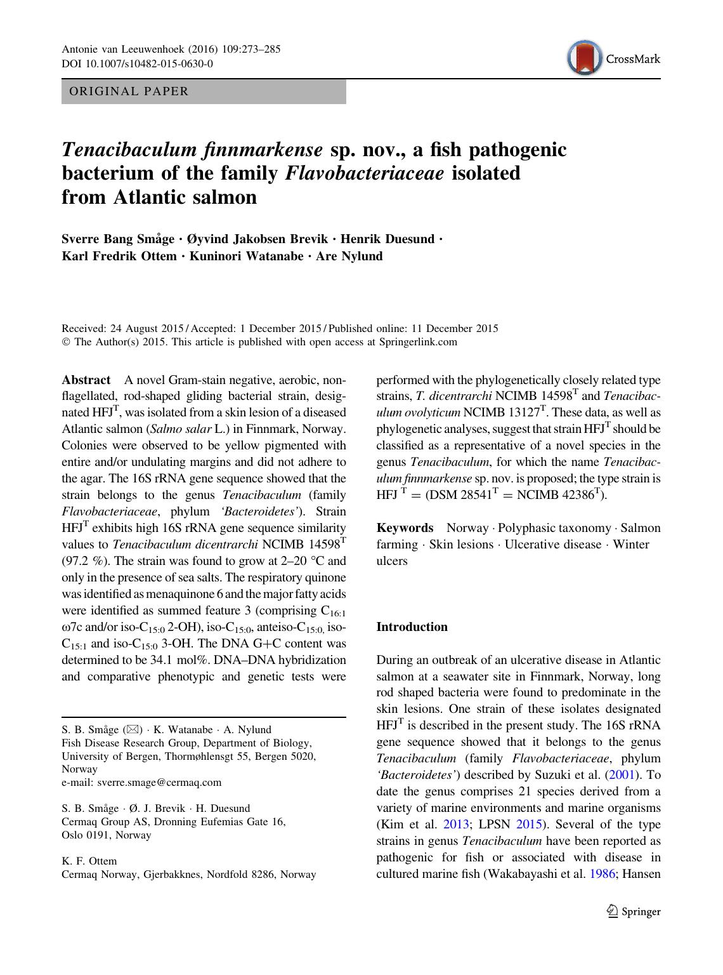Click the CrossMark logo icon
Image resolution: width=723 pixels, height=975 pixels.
tap(584, 58)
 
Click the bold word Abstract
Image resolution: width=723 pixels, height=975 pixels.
tap(86, 380)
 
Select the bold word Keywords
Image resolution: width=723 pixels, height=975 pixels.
tap(405, 528)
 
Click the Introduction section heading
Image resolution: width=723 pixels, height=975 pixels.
tap(412, 627)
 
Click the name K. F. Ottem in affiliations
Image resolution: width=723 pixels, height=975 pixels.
tap(89, 861)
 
